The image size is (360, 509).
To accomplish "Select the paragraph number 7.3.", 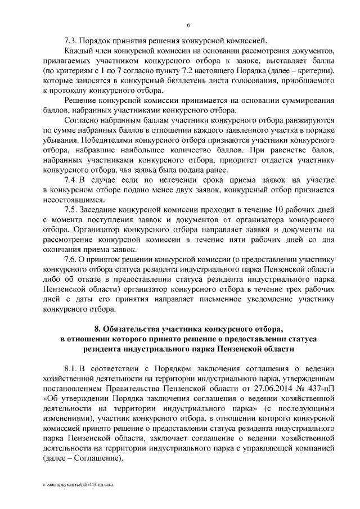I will (x=71, y=41).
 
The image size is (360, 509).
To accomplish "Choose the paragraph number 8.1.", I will (x=71, y=369).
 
